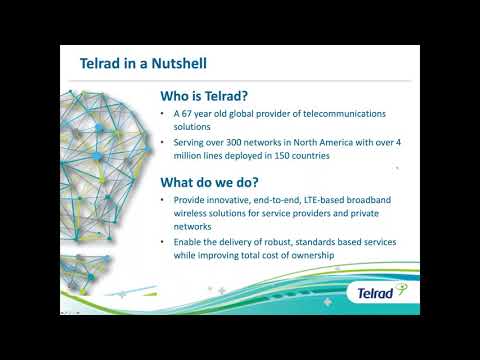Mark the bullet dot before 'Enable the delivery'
(x=164, y=243)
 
